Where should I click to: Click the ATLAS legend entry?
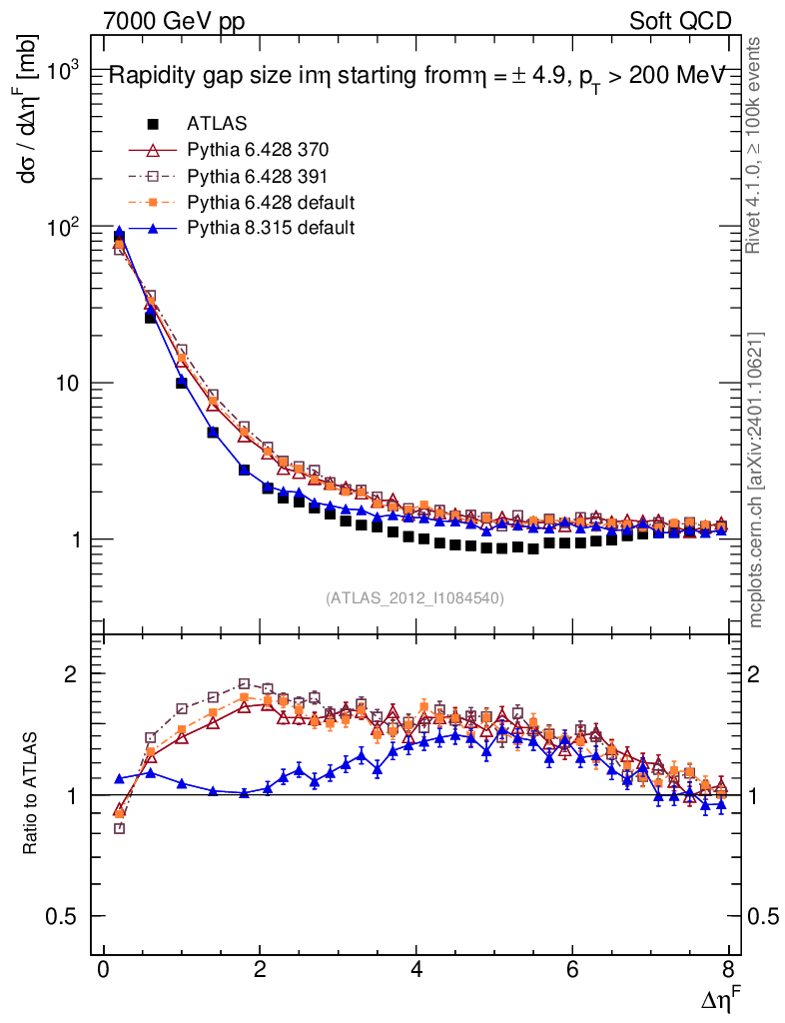click(x=217, y=124)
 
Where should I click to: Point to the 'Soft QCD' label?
click(x=680, y=21)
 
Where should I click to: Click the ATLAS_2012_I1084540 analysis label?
click(x=414, y=598)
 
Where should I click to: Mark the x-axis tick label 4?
click(x=416, y=969)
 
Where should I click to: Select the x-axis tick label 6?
click(x=572, y=969)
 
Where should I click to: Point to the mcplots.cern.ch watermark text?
click(x=756, y=480)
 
